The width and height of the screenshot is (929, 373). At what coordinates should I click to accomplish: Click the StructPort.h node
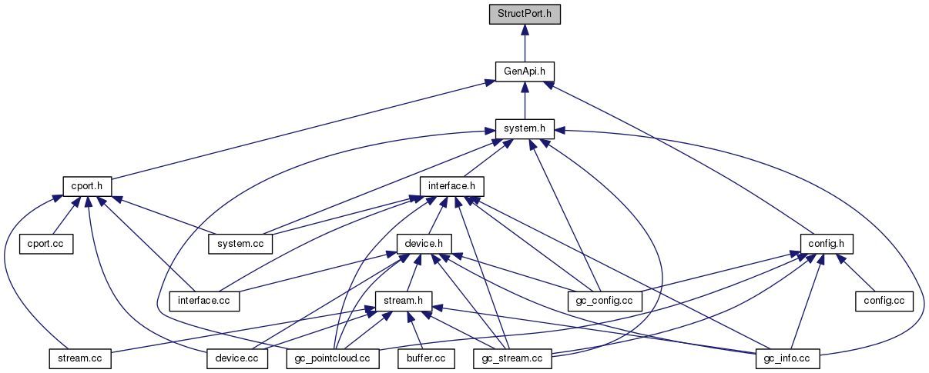click(x=525, y=15)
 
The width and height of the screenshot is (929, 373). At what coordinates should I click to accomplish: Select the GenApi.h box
click(x=525, y=72)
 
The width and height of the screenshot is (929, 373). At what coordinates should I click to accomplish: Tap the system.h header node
click(x=525, y=128)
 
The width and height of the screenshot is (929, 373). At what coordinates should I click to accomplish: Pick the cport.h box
click(x=87, y=186)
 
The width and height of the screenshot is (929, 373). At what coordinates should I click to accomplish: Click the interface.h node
click(x=451, y=186)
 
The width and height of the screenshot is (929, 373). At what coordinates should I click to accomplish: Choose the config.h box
click(x=827, y=244)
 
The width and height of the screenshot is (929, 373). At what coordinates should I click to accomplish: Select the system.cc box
click(x=240, y=244)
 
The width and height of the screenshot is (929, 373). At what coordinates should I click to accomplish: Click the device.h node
click(x=424, y=244)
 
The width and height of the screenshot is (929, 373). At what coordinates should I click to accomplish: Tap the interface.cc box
click(x=205, y=301)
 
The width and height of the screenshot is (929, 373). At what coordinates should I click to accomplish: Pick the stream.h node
click(x=403, y=301)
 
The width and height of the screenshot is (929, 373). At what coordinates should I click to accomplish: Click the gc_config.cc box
click(x=605, y=301)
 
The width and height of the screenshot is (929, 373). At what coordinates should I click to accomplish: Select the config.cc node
click(x=884, y=301)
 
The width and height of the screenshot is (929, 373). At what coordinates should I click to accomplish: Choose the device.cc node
click(x=237, y=358)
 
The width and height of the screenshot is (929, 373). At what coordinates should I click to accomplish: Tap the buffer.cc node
click(x=422, y=358)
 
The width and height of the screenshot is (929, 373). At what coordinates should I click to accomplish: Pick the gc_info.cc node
click(x=786, y=358)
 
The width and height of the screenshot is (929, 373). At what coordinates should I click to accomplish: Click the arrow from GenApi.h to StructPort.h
click(x=525, y=42)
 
